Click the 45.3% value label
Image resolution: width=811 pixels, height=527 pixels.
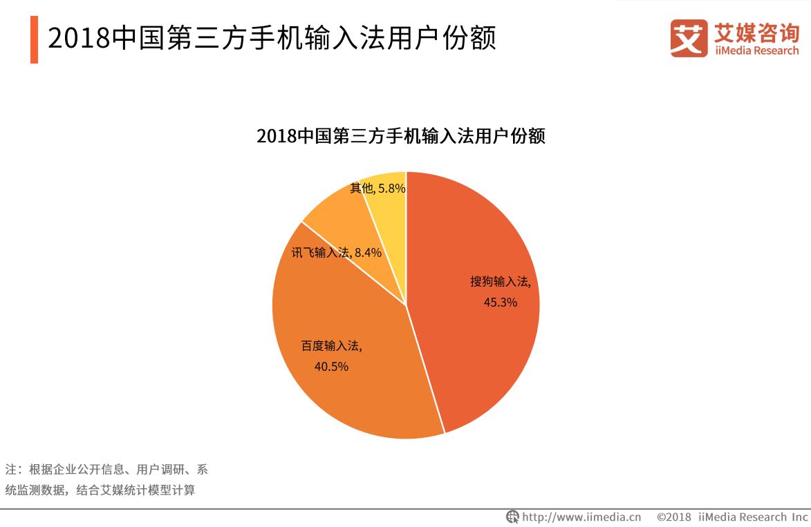point(501,302)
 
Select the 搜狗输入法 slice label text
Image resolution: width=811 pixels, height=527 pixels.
point(500,282)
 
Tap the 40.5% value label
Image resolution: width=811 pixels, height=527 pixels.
point(331,367)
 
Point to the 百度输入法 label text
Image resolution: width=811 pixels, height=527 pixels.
point(331,346)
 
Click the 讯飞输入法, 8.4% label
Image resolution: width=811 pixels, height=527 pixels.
point(336,253)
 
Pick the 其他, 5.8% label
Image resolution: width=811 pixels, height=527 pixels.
point(377,188)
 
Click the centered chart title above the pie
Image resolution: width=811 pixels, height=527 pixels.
point(401,136)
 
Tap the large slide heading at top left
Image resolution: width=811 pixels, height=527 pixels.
point(272,39)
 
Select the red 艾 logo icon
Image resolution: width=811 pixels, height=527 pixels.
point(689,38)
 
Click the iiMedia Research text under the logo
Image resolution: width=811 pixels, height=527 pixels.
point(757,50)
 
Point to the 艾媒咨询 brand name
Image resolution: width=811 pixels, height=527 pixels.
point(757,32)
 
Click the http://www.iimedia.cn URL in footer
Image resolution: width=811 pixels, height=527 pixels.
point(581,517)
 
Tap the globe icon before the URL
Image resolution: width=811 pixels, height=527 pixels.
point(512,517)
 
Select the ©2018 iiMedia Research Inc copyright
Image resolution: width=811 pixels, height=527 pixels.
point(731,517)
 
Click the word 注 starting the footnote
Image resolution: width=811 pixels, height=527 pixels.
point(10,470)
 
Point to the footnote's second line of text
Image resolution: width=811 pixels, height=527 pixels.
point(100,491)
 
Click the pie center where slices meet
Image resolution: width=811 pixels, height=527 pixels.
point(406,305)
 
